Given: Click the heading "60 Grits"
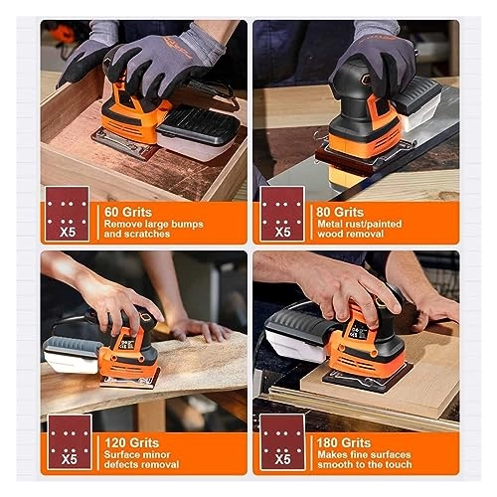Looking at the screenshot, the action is tap(128, 212).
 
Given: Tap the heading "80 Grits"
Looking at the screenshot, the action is tap(340, 212).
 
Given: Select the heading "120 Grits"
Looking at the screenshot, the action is tap(131, 442).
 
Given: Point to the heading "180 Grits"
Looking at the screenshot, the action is tap(344, 442).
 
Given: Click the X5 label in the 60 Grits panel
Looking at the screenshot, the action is tap(68, 232).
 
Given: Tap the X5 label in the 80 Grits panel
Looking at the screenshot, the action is tap(282, 232).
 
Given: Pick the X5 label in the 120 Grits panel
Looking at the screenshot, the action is tap(70, 459).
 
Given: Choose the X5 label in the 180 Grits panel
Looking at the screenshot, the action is tap(282, 459).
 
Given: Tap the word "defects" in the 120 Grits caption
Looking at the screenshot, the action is tap(121, 464).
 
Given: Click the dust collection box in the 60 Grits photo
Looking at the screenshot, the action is tap(198, 132).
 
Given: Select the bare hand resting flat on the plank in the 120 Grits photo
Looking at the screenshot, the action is tap(199, 330).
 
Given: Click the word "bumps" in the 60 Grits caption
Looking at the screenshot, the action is tap(188, 225).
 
